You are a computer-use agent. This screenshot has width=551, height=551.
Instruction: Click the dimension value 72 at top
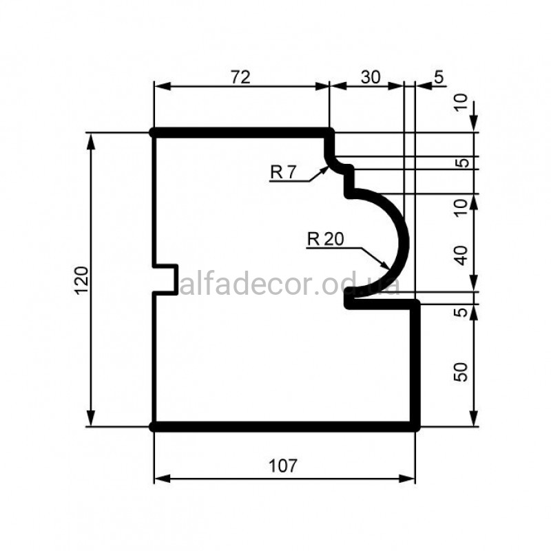coord(240,77)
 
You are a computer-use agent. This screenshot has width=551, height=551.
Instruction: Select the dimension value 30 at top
coord(371,77)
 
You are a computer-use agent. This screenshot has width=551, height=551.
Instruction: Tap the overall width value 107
coord(283,466)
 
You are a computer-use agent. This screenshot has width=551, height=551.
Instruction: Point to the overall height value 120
coord(82,280)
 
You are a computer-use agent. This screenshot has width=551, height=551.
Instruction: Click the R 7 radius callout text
coord(283,172)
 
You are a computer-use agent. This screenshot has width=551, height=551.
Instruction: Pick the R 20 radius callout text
coord(325,239)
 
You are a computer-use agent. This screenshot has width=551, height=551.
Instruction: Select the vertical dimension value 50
coord(461,372)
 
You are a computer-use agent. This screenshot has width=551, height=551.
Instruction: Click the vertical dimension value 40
coord(461,256)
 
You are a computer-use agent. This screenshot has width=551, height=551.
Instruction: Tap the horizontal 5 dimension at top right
coord(439,77)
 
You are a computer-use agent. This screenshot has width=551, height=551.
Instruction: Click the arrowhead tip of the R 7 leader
coord(328,167)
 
